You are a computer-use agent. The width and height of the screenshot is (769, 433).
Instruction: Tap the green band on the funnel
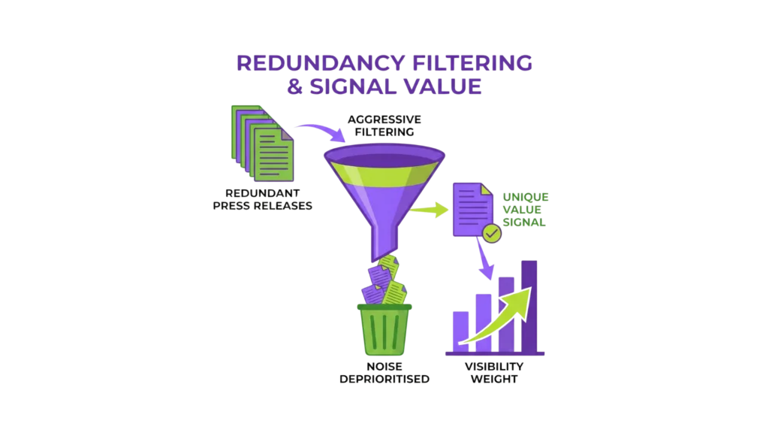click(x=384, y=179)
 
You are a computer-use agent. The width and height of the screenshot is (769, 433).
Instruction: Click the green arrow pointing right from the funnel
click(x=429, y=210)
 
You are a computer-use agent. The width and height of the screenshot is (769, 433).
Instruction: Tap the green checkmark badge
click(x=492, y=235)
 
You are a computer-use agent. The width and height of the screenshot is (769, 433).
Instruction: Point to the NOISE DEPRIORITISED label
click(x=384, y=373)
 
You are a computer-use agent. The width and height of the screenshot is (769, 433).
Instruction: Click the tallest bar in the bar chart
click(x=529, y=304)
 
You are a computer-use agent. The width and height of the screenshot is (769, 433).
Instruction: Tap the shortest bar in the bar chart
click(x=460, y=332)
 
